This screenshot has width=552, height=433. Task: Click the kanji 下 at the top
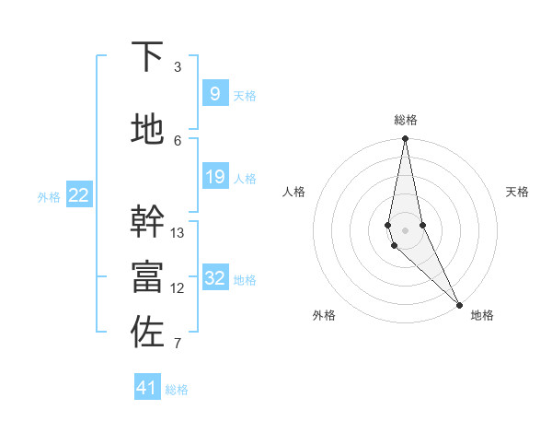click(148, 57)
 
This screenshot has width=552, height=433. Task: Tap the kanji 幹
click(148, 222)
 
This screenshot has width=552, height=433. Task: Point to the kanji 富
click(148, 276)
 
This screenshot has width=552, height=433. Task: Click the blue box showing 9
click(214, 94)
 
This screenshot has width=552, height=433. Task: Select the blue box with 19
click(214, 177)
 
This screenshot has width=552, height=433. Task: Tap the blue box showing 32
click(214, 278)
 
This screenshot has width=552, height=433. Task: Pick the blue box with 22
click(79, 195)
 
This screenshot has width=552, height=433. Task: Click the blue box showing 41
click(147, 388)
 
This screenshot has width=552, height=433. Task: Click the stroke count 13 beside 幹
click(178, 232)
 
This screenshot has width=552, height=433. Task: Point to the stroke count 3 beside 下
click(178, 66)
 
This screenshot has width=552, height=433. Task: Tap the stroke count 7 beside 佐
click(178, 345)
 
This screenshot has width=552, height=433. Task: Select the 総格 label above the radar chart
click(406, 120)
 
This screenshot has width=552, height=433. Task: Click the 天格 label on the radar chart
click(518, 192)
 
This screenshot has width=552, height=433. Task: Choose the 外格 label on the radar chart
click(323, 315)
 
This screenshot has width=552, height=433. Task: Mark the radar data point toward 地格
click(459, 303)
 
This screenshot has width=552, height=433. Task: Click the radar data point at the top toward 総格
click(405, 139)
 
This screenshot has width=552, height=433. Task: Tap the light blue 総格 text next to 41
click(177, 390)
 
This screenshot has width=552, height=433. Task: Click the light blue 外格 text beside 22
click(49, 196)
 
